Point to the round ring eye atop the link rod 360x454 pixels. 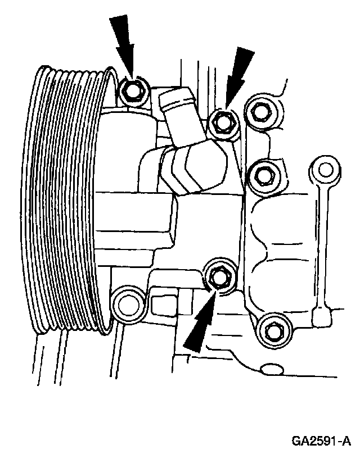pyautogui.click(x=325, y=168)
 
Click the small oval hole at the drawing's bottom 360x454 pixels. pyautogui.click(x=274, y=369)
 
